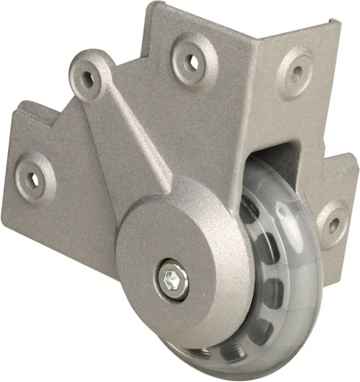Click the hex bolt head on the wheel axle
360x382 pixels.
(174, 279)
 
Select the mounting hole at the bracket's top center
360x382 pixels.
(192, 61)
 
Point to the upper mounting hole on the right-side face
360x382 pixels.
(297, 73)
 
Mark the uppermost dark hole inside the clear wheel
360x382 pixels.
(248, 211)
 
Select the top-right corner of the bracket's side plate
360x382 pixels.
(339, 22)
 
